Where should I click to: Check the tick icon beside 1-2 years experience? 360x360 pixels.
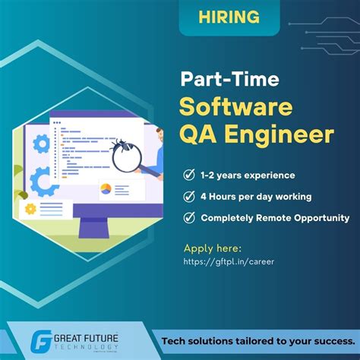click(188, 175)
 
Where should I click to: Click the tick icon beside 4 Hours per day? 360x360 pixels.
click(188, 197)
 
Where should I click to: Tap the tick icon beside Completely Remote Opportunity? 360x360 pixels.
click(188, 218)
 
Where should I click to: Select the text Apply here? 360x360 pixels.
click(213, 248)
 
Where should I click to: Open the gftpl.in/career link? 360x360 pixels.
click(229, 262)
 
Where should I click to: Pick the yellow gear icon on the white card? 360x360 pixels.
click(30, 209)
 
